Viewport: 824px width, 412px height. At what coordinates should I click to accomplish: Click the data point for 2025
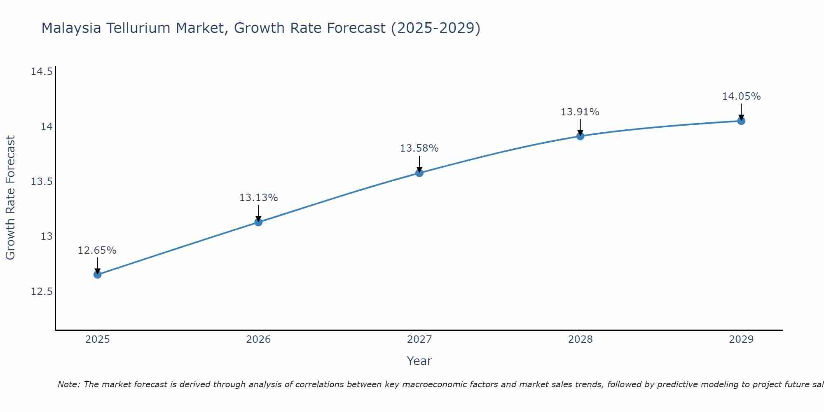(x=97, y=274)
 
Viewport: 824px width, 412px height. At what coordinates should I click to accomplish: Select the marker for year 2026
(x=258, y=222)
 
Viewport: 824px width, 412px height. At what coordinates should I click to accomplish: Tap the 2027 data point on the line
(x=419, y=173)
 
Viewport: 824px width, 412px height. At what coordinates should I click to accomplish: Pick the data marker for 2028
(x=580, y=136)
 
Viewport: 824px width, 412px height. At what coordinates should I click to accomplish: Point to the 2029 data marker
(x=741, y=121)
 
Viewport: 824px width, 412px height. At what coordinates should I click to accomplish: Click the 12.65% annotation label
(x=97, y=250)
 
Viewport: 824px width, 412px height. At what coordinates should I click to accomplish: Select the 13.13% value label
(x=258, y=198)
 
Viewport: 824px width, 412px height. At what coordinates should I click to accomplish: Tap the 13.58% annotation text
(x=419, y=148)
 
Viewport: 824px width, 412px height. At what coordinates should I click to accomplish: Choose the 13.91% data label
(x=580, y=112)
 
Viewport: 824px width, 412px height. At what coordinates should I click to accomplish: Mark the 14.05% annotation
(x=741, y=96)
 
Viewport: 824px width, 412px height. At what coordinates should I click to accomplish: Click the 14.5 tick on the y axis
(x=42, y=72)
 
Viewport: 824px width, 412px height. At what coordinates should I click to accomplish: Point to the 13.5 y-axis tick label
(x=42, y=182)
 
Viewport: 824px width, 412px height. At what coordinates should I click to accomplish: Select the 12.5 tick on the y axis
(x=42, y=292)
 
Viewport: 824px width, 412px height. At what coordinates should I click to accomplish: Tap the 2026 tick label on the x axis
(x=258, y=339)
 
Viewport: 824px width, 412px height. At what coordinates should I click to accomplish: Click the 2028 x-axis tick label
(x=580, y=339)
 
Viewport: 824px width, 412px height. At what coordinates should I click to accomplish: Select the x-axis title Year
(x=419, y=361)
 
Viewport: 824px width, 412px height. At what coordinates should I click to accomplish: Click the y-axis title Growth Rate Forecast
(x=10, y=198)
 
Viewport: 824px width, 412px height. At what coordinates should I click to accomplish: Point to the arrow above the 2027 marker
(x=419, y=164)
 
